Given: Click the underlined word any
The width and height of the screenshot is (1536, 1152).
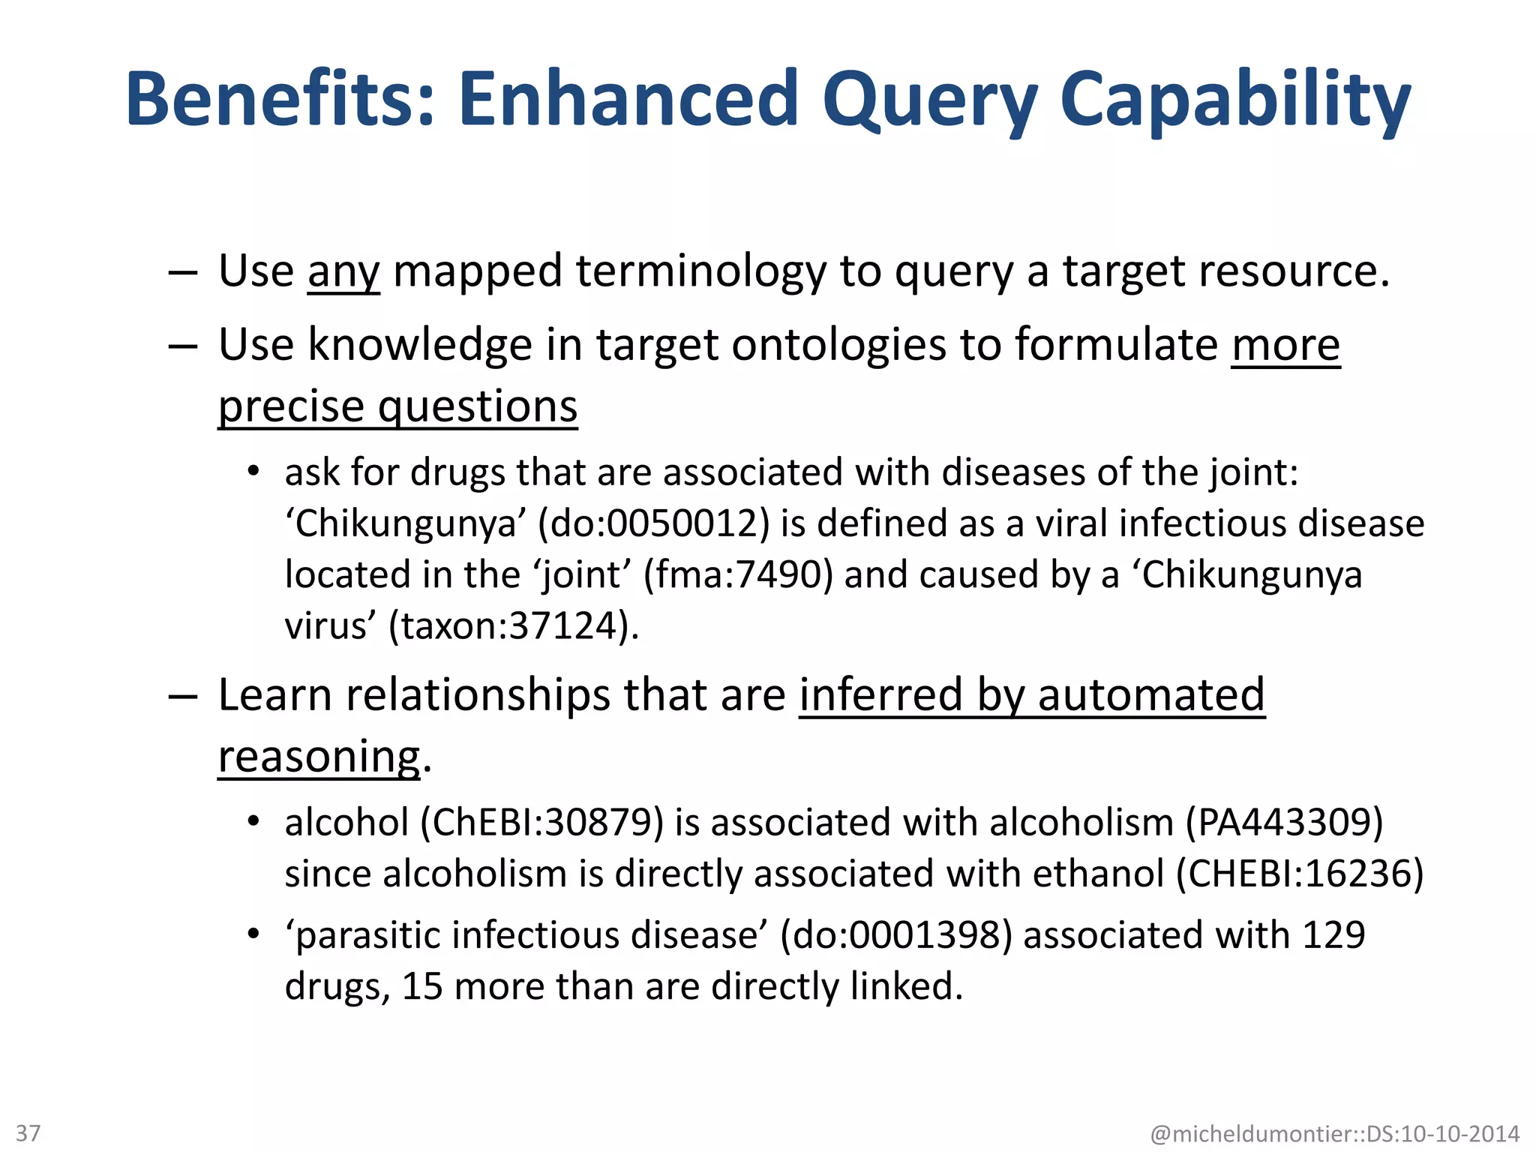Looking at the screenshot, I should pyautogui.click(x=343, y=271).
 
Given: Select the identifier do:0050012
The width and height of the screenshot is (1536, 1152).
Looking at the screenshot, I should pyautogui.click(x=653, y=523).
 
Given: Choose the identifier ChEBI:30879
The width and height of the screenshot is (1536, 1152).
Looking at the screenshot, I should pyautogui.click(x=541, y=823).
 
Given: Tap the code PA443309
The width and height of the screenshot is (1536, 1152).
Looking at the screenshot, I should pyautogui.click(x=1284, y=823).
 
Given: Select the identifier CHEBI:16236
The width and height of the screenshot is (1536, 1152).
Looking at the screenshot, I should pyautogui.click(x=1300, y=874).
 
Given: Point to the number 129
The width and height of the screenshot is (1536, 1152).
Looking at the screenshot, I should pyautogui.click(x=1333, y=936).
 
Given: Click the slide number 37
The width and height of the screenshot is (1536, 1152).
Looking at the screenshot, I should pyautogui.click(x=28, y=1132).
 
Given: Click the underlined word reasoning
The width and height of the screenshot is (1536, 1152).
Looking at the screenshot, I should pyautogui.click(x=319, y=757).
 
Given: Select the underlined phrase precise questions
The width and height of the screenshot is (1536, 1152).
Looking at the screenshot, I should pyautogui.click(x=397, y=407).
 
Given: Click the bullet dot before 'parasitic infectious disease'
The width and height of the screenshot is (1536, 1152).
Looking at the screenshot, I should pyautogui.click(x=253, y=934).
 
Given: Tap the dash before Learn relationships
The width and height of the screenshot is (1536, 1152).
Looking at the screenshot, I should pyautogui.click(x=183, y=696).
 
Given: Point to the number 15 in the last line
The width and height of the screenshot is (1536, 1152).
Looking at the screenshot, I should pyautogui.click(x=422, y=987).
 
